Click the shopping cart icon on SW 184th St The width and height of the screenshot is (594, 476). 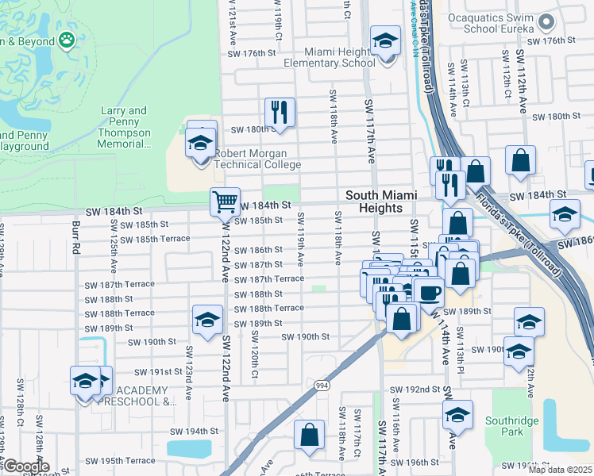tap(226, 202)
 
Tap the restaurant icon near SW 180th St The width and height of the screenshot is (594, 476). tap(280, 112)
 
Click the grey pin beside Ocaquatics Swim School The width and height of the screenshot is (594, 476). tap(545, 21)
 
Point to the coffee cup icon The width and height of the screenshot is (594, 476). tap(430, 292)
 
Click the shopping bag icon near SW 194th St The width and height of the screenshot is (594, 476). tap(309, 435)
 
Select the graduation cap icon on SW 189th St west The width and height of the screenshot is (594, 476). tap(207, 320)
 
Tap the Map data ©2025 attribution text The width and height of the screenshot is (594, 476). tap(560, 470)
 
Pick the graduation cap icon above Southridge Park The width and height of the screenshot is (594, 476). tap(457, 414)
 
